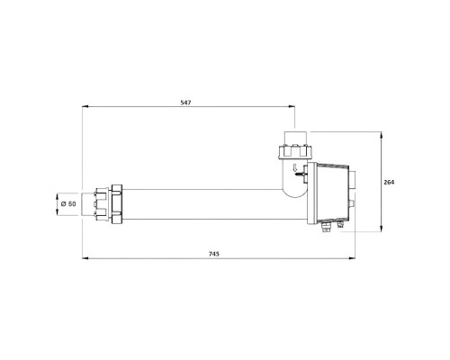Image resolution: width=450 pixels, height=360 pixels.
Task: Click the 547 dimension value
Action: (x=185, y=103)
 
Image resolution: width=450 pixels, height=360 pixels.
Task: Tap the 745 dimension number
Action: (x=214, y=254)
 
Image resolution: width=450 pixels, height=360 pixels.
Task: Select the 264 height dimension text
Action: (x=389, y=182)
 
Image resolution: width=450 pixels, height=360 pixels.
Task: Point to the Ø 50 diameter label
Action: (x=68, y=204)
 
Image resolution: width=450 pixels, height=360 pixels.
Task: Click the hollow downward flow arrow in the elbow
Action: (x=295, y=167)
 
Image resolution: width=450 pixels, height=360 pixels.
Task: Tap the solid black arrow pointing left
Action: (x=299, y=174)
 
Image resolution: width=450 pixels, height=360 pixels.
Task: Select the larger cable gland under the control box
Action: (x=326, y=227)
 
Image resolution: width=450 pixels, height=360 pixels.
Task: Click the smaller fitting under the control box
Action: (x=340, y=225)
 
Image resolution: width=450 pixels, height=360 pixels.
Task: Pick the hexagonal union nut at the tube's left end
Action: (x=117, y=204)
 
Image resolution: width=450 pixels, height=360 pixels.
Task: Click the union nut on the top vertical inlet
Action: (x=295, y=152)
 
